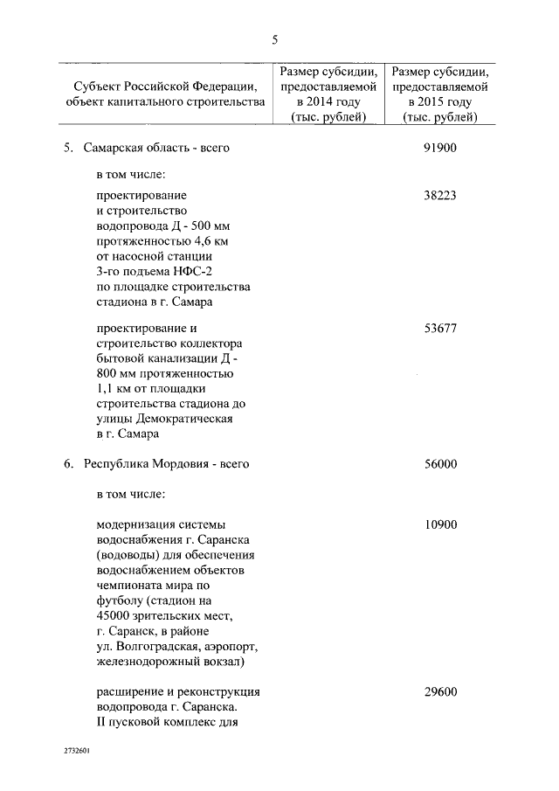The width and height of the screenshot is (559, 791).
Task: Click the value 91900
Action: click(440, 148)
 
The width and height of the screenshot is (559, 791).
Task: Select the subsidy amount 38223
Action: click(440, 197)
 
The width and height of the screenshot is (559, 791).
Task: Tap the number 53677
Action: click(440, 329)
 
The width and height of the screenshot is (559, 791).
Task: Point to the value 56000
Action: click(440, 464)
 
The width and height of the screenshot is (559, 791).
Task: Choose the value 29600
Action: click(440, 692)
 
